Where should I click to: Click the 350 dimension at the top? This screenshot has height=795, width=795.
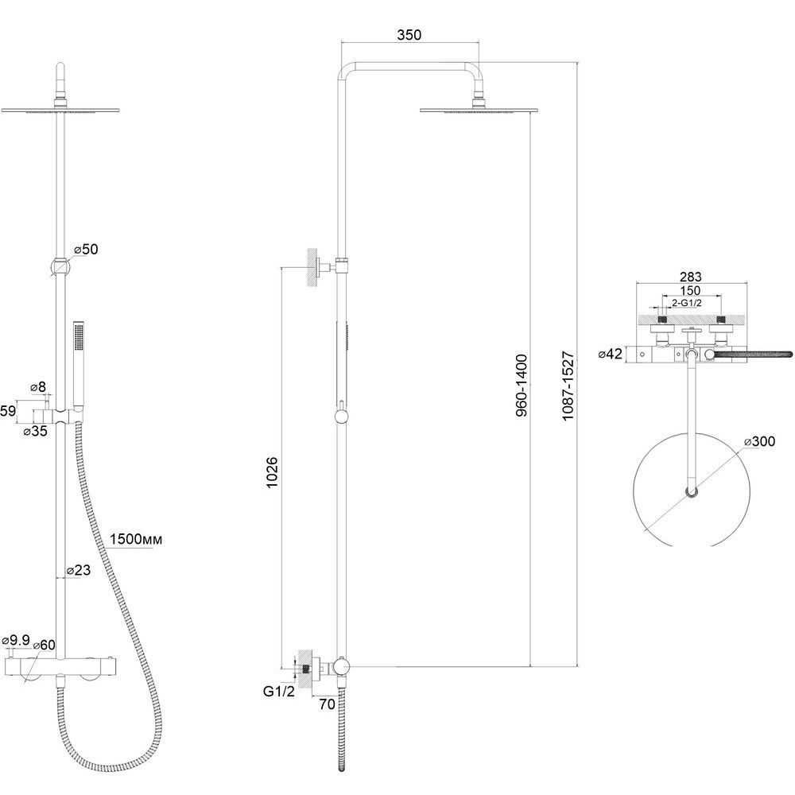click(x=409, y=34)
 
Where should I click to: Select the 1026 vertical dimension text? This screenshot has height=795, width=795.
click(x=272, y=472)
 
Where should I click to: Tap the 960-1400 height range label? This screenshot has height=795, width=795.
click(x=522, y=386)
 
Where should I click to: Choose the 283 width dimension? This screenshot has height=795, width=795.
click(x=691, y=277)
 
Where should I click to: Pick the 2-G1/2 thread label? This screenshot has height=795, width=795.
click(x=687, y=303)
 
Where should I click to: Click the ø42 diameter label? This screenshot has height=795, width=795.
click(x=610, y=354)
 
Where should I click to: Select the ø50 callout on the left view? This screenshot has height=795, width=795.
click(x=86, y=249)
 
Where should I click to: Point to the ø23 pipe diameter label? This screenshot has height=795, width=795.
click(x=79, y=570)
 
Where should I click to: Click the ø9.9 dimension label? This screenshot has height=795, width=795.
click(x=17, y=639)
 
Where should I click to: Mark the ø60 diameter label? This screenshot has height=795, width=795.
click(x=44, y=645)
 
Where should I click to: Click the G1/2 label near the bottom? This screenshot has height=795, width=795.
click(x=278, y=691)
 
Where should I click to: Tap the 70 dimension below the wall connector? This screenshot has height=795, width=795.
click(x=327, y=704)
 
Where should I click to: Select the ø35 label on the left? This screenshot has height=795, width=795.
click(x=36, y=430)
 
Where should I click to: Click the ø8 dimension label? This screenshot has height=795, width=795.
click(x=38, y=387)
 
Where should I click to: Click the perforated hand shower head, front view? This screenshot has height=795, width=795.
click(x=79, y=336)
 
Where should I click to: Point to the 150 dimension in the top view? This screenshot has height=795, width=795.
click(x=690, y=290)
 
